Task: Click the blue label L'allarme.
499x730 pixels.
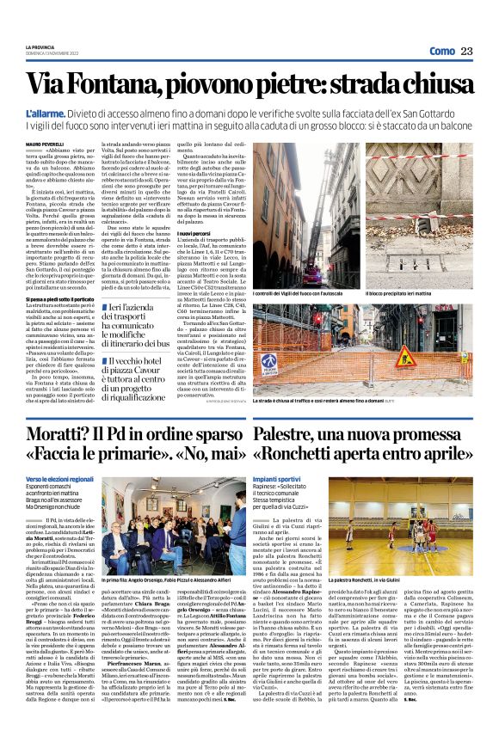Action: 44,113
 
